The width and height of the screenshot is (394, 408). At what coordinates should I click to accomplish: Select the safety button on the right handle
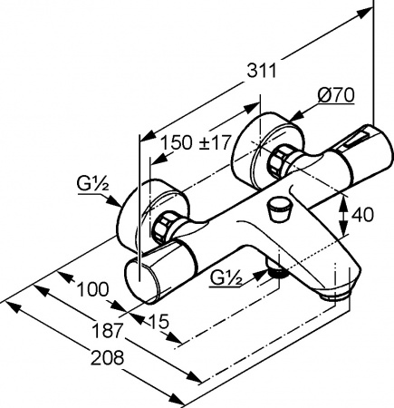pyautogui.click(x=352, y=138)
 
